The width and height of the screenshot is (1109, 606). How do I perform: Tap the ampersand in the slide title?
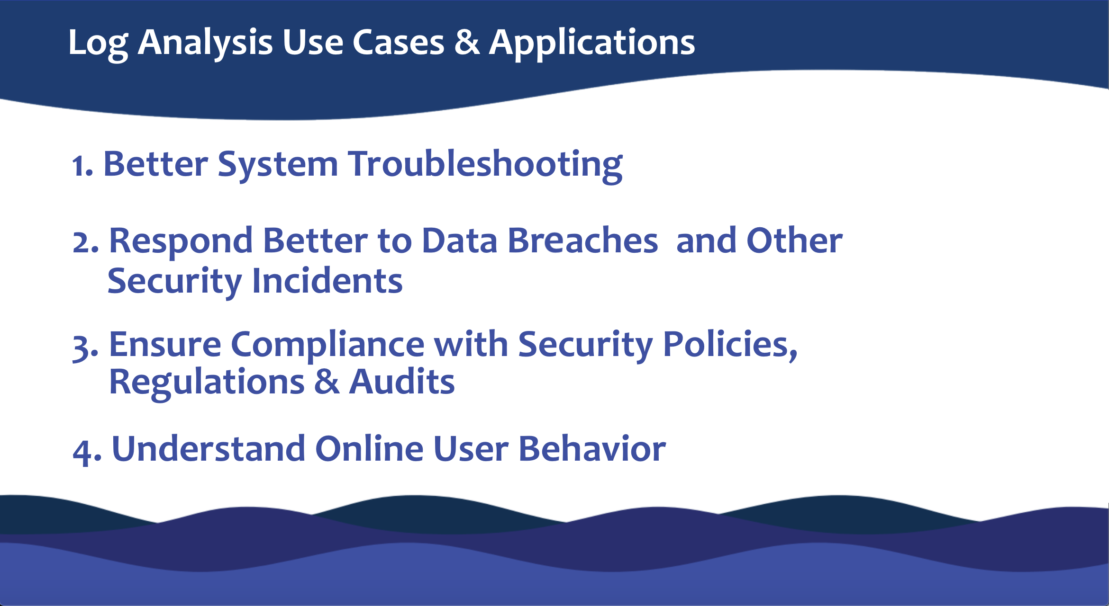pyautogui.click(x=467, y=43)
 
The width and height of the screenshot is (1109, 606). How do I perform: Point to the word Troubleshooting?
pyautogui.click(x=485, y=165)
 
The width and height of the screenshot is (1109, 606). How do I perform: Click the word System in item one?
pyautogui.click(x=278, y=165)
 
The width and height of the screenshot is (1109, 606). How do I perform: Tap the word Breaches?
pyautogui.click(x=582, y=241)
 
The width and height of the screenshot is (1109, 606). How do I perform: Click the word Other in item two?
pyautogui.click(x=794, y=241)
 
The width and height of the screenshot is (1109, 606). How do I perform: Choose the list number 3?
pyautogui.click(x=84, y=348)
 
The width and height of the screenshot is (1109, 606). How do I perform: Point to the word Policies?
pyautogui.click(x=730, y=345)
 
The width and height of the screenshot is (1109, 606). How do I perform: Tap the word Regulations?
pyautogui.click(x=207, y=383)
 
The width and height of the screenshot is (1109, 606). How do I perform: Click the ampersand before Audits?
pyautogui.click(x=327, y=383)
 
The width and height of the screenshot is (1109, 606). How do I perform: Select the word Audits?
pyautogui.click(x=402, y=383)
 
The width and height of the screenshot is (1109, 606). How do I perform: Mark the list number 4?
pyautogui.click(x=85, y=452)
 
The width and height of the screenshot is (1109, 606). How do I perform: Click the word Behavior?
pyautogui.click(x=592, y=449)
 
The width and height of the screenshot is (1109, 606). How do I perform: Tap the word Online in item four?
pyautogui.click(x=369, y=449)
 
